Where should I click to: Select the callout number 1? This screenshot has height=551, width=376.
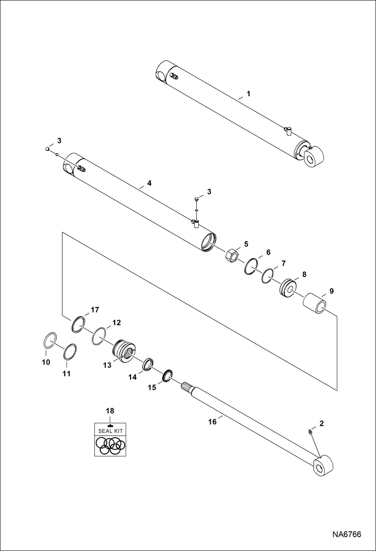point(248,94)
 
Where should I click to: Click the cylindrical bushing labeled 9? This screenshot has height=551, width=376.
point(315,303)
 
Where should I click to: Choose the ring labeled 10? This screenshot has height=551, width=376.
point(50,340)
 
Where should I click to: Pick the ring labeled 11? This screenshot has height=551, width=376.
point(70,352)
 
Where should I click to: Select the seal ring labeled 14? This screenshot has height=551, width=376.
point(148,364)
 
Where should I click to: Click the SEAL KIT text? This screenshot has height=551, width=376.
point(110,431)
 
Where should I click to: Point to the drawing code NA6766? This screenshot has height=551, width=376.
point(347,534)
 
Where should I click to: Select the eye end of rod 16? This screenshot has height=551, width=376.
point(324,465)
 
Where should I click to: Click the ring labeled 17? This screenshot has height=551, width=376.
point(78,324)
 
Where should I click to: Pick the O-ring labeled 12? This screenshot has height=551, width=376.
point(99,336)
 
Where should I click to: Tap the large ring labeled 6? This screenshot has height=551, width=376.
point(251,266)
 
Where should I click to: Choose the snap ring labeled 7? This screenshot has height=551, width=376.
point(267,276)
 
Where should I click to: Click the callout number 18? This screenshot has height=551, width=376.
point(110,411)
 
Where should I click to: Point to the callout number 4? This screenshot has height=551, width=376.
point(149,183)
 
